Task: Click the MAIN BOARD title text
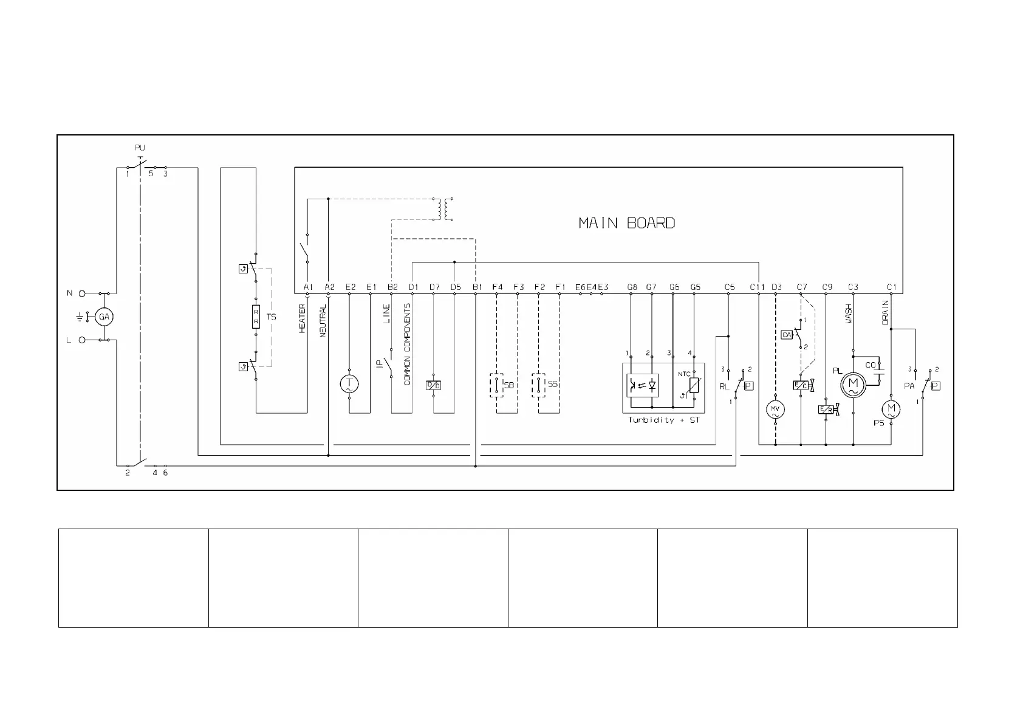point(626,223)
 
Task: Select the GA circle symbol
point(104,317)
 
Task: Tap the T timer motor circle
point(349,383)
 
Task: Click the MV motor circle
point(775,409)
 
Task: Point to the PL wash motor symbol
point(853,383)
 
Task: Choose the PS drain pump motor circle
point(891,409)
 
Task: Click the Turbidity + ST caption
point(663,420)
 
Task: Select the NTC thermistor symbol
point(694,385)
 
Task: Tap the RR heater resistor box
point(256,317)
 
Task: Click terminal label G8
point(632,287)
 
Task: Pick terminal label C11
point(757,287)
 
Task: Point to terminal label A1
point(307,287)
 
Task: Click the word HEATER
point(302,318)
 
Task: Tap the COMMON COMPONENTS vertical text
point(407,344)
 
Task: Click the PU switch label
point(140,148)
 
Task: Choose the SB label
point(508,385)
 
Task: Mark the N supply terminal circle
point(82,293)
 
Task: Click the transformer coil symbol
point(443,209)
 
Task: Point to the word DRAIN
point(885,312)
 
